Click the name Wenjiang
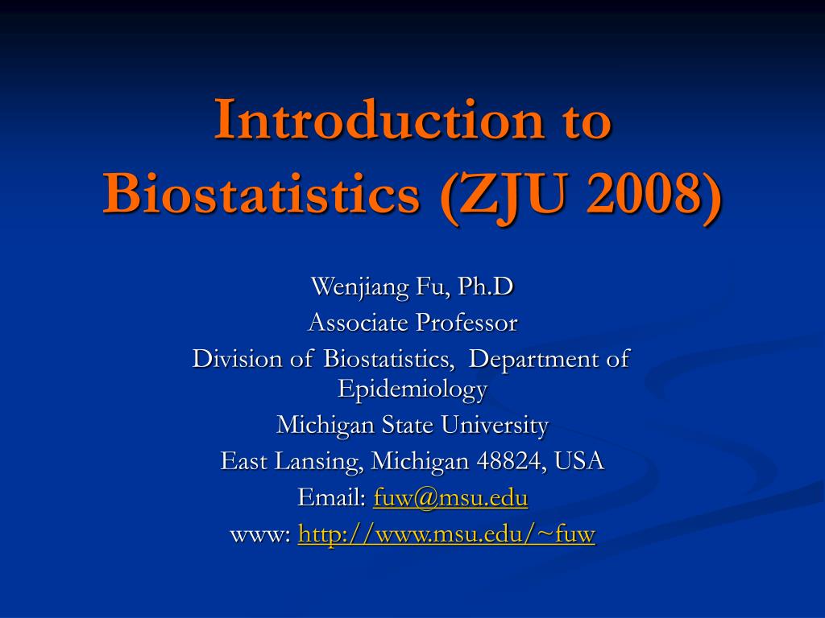pyautogui.click(x=360, y=287)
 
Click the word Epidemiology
pyautogui.click(x=412, y=390)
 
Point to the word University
pyautogui.click(x=495, y=425)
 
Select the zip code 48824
pyautogui.click(x=509, y=461)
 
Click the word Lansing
pyautogui.click(x=318, y=461)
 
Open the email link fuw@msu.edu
pyautogui.click(x=450, y=497)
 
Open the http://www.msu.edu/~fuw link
pyautogui.click(x=446, y=534)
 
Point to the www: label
pyautogui.click(x=260, y=534)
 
